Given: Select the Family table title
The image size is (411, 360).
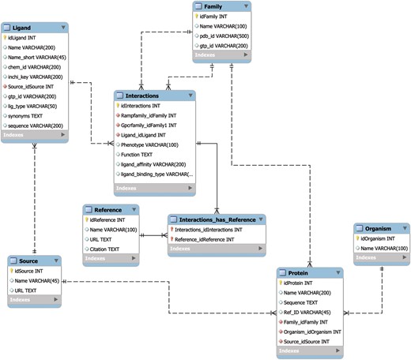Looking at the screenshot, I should tap(215, 6).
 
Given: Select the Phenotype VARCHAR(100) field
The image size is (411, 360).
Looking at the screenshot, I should tap(149, 145).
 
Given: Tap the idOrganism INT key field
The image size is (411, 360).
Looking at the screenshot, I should tap(382, 238).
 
